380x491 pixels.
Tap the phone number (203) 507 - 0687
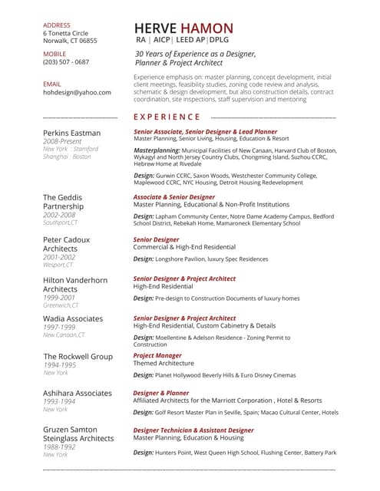[66, 62]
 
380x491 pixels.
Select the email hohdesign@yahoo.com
[77, 92]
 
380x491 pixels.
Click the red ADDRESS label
[57, 25]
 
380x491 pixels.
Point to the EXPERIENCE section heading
[167, 117]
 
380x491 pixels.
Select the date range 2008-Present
[63, 142]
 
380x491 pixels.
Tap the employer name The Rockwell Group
[78, 357]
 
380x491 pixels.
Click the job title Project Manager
[157, 355]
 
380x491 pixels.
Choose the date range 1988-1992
[59, 447]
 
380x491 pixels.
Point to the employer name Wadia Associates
[73, 318]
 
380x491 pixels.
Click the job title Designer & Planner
[161, 393]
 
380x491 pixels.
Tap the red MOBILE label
[55, 54]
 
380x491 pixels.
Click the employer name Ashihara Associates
[78, 393]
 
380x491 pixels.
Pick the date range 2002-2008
[60, 215]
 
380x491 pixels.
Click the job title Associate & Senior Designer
[173, 197]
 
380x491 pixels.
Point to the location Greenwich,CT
[61, 305]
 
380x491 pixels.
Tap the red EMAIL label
[51, 83]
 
